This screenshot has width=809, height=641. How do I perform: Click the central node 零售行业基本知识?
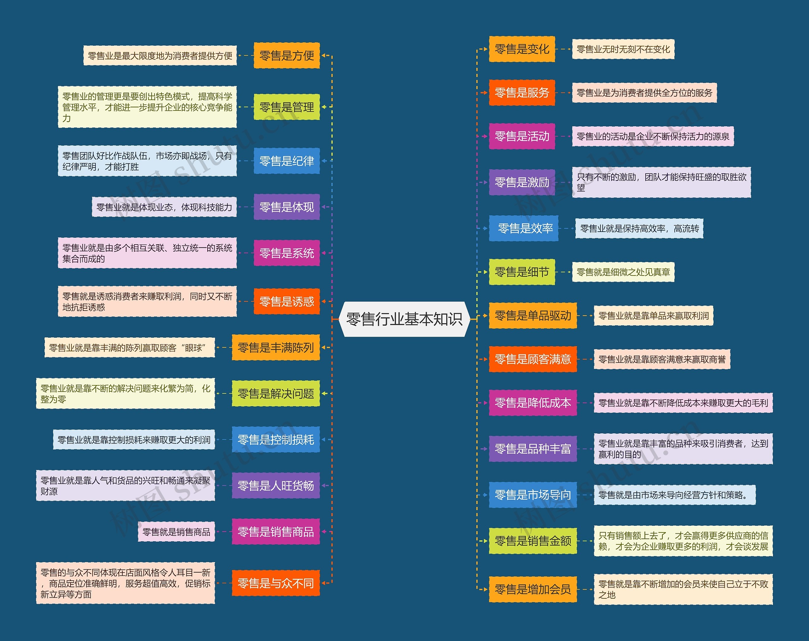pyautogui.click(x=404, y=319)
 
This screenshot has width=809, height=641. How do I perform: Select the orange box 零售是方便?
pyautogui.click(x=287, y=56)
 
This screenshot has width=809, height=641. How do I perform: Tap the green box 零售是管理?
pyautogui.click(x=287, y=107)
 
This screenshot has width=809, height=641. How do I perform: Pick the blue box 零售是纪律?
pyautogui.click(x=287, y=161)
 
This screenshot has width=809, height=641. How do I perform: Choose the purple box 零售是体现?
pyautogui.click(x=287, y=207)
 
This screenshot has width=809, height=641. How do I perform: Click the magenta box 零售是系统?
pyautogui.click(x=287, y=253)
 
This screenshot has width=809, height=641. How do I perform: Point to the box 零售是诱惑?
pyautogui.click(x=287, y=301)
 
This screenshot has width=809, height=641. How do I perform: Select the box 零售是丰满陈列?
pyautogui.click(x=276, y=347)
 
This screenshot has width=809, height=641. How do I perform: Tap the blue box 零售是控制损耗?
pyautogui.click(x=276, y=439)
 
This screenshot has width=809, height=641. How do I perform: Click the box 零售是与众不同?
pyautogui.click(x=276, y=583)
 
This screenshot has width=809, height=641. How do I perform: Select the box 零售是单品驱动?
pyautogui.click(x=532, y=316)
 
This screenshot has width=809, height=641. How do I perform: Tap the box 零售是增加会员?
pyautogui.click(x=532, y=589)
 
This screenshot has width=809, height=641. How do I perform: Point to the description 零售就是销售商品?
pyautogui.click(x=176, y=531)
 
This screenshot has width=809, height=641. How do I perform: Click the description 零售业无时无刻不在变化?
pyautogui.click(x=623, y=49)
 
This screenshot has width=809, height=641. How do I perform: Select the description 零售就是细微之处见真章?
pyautogui.click(x=623, y=272)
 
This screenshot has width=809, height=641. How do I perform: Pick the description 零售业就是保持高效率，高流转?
pyautogui.click(x=639, y=228)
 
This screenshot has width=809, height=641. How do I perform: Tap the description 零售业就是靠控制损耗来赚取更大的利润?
pyautogui.click(x=134, y=439)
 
